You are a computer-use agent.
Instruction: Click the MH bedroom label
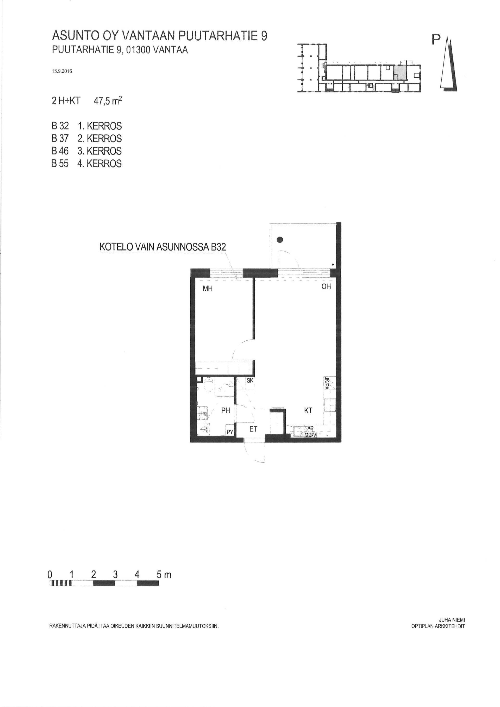tap(208, 289)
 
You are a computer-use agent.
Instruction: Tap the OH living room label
tap(326, 286)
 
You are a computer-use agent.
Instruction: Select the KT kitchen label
tap(308, 410)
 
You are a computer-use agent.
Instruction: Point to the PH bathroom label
tap(226, 410)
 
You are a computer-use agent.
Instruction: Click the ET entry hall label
tap(253, 429)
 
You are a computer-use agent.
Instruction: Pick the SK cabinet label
tap(250, 381)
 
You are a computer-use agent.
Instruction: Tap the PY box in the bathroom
tap(230, 432)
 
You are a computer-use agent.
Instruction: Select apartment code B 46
tap(60, 151)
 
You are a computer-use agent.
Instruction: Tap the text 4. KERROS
tap(99, 164)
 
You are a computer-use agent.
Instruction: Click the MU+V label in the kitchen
tap(310, 435)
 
